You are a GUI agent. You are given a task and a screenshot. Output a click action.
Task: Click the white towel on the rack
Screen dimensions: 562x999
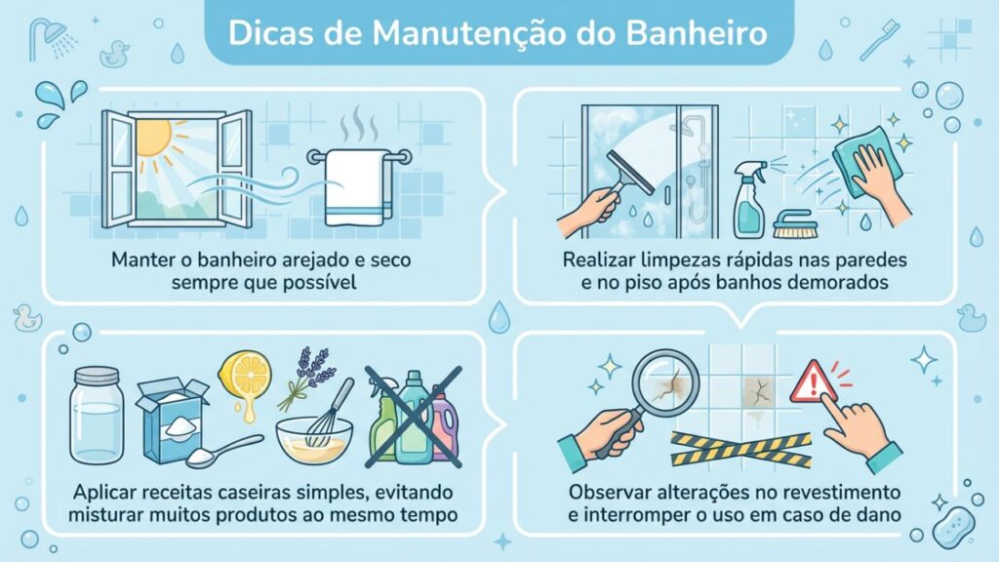(353, 185)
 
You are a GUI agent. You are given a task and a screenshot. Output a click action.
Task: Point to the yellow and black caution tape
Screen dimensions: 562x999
(741, 449)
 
